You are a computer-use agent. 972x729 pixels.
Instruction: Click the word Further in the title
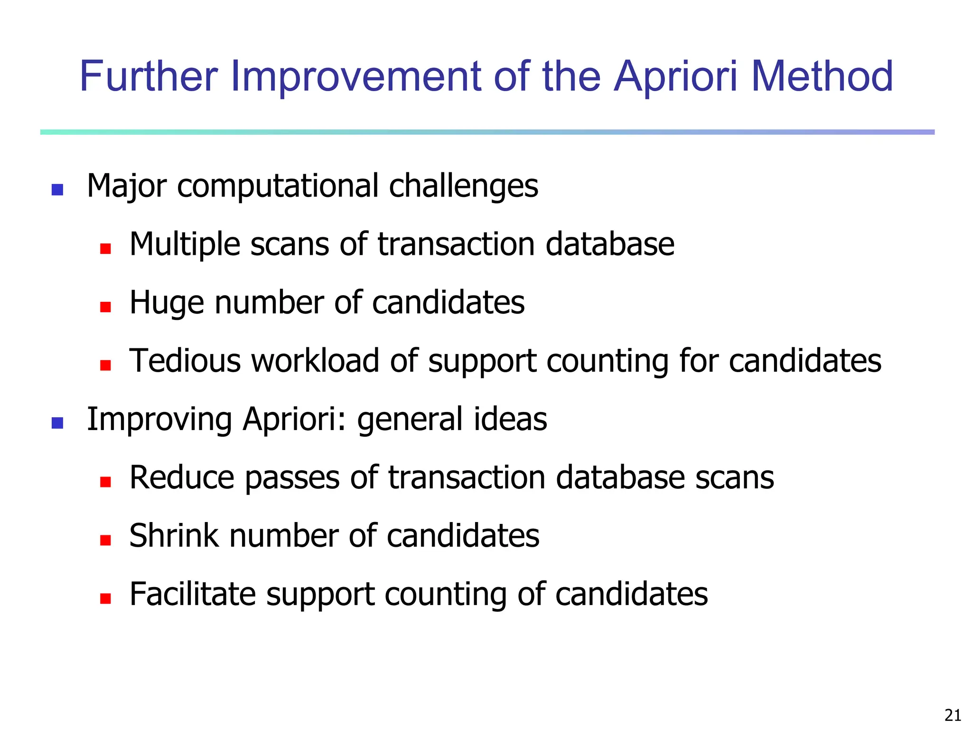pos(149,77)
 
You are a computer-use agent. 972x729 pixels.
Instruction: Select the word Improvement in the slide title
pos(357,77)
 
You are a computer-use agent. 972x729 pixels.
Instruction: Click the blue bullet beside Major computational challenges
pos(57,190)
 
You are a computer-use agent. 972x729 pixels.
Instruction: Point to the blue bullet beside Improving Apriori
pos(57,423)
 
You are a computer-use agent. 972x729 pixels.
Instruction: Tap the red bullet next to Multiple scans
pos(105,248)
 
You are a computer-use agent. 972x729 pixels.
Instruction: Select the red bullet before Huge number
pos(105,307)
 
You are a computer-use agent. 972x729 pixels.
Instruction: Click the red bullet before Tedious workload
pos(105,365)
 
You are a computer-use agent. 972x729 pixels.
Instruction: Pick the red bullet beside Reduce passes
pos(105,482)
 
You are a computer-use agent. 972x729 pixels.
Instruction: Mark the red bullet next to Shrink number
pos(105,540)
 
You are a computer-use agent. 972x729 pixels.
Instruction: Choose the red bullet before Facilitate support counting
pos(105,598)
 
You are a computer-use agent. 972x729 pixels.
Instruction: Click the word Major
pos(127,186)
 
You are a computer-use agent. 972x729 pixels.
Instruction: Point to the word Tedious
pos(185,361)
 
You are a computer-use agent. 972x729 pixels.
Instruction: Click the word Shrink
pos(174,536)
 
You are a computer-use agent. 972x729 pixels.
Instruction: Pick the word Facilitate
pos(192,594)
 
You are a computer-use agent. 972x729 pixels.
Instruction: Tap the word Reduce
pos(182,477)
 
